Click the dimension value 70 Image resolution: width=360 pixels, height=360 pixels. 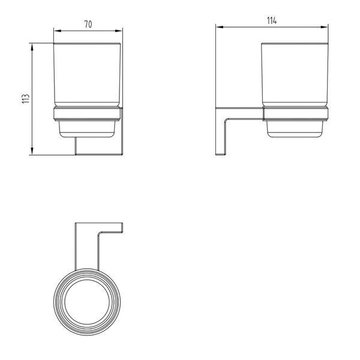pos(88,25)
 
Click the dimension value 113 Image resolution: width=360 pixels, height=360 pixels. pos(26,99)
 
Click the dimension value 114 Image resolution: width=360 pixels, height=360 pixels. pos(272,21)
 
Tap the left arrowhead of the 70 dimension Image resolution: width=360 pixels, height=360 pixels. pos(58,31)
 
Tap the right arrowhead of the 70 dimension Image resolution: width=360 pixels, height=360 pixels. pos(118,31)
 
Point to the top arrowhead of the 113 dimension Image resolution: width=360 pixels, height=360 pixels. pos(32,47)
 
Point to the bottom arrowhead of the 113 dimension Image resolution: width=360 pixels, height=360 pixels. pos(32,151)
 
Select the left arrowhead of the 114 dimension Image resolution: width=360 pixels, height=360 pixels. pos(220,27)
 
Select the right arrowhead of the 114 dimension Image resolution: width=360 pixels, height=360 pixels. pos(324,27)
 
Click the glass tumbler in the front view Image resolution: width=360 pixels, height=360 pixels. pos(87,75)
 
